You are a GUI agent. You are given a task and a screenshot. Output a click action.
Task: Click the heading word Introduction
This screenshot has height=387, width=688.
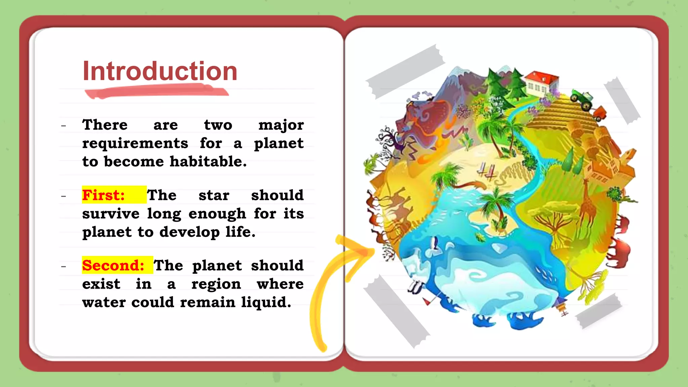[x=160, y=71]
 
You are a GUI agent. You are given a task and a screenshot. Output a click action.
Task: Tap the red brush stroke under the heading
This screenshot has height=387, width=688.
[x=156, y=91]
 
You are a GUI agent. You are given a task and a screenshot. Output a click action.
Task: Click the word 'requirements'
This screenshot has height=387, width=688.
[x=135, y=143]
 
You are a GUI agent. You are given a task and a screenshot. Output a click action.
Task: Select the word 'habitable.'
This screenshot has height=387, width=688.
[x=208, y=162]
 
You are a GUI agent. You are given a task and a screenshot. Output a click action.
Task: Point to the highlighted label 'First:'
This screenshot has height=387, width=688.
[x=103, y=195]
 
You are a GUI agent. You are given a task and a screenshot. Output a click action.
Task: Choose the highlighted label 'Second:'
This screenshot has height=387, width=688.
[x=113, y=265]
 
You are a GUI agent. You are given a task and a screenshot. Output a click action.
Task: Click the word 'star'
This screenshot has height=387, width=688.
[x=214, y=195]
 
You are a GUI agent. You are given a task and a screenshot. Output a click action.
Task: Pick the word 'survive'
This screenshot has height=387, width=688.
[x=111, y=214]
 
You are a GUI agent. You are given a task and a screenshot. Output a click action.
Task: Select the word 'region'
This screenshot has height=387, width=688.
[x=216, y=284]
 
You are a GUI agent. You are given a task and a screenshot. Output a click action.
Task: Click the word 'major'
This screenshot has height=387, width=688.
[x=281, y=125]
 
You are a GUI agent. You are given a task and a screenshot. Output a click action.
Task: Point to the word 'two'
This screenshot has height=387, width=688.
[x=218, y=125]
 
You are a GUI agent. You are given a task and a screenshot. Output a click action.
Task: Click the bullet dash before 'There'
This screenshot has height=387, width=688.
[x=63, y=126]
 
